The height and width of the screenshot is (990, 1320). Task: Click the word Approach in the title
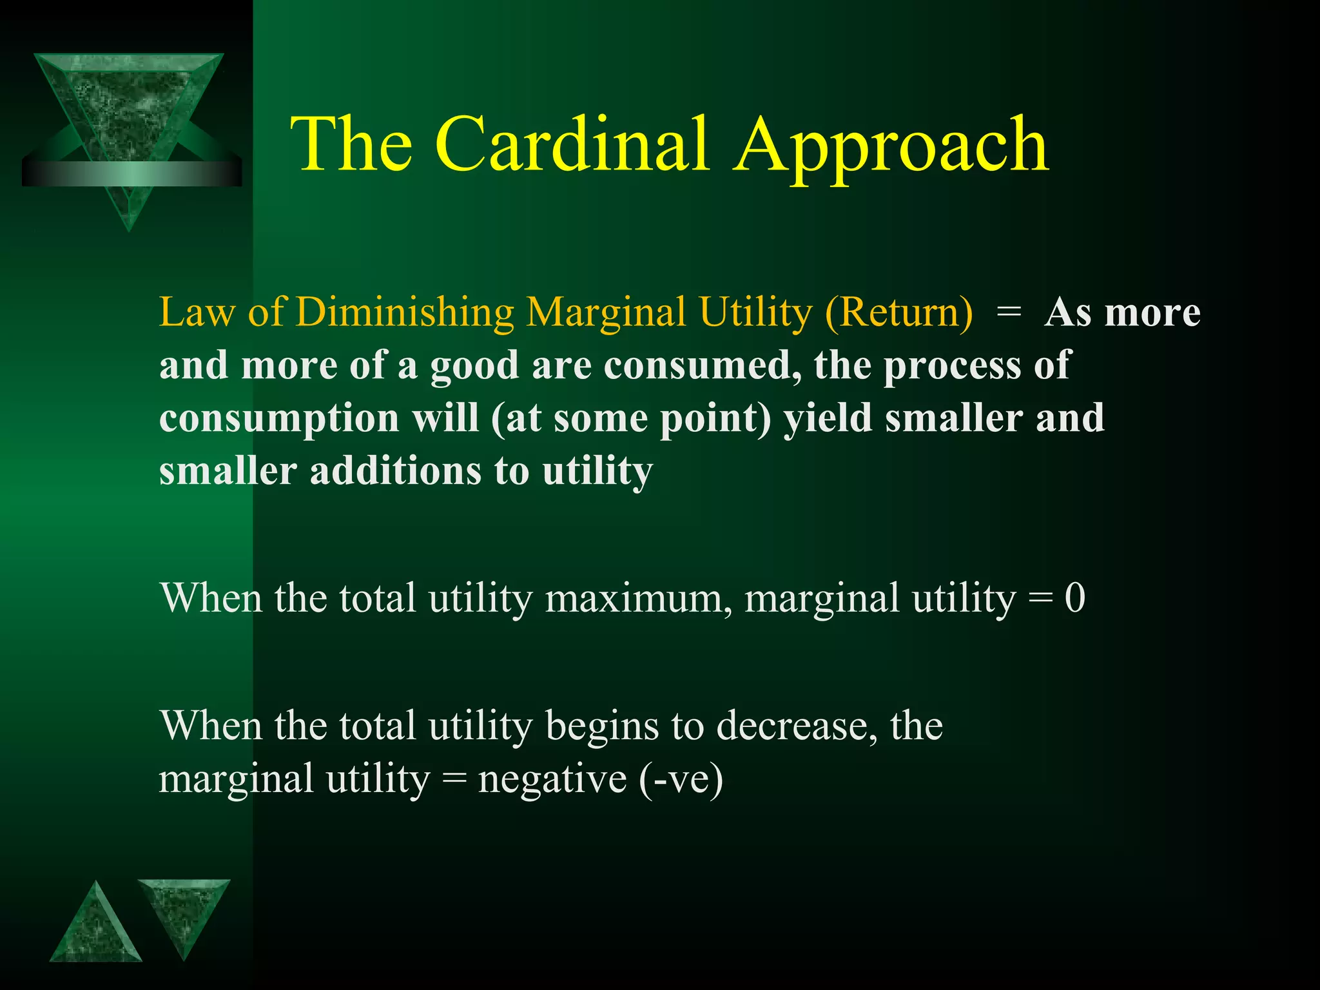(x=892, y=147)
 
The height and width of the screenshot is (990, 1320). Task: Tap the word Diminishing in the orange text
(x=404, y=313)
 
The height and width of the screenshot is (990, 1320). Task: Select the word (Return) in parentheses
(x=898, y=313)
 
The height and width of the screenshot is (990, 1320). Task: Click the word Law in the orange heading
(x=197, y=313)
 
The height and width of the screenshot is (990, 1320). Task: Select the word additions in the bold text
(x=395, y=471)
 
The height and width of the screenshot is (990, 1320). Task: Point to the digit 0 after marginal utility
(x=1074, y=598)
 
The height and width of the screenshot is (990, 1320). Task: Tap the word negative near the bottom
(x=552, y=780)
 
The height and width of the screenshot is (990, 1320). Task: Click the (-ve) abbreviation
(x=681, y=780)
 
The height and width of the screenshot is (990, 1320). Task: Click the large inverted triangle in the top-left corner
(x=129, y=110)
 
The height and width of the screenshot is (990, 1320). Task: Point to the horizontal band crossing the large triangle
(x=131, y=173)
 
